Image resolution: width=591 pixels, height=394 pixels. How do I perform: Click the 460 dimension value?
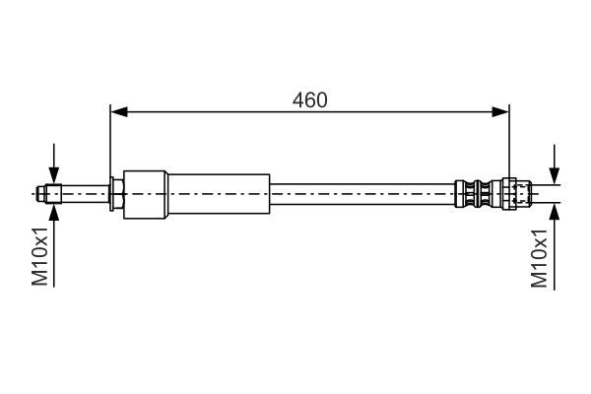(x=309, y=99)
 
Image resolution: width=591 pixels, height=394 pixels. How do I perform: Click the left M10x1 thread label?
(x=40, y=258)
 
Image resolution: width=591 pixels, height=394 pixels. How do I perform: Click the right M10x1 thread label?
(x=539, y=258)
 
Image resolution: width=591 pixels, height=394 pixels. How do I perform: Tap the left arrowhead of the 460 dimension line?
(x=117, y=112)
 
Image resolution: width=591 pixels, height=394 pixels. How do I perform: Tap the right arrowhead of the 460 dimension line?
(x=502, y=112)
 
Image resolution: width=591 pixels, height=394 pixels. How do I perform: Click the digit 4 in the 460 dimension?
(x=298, y=99)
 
